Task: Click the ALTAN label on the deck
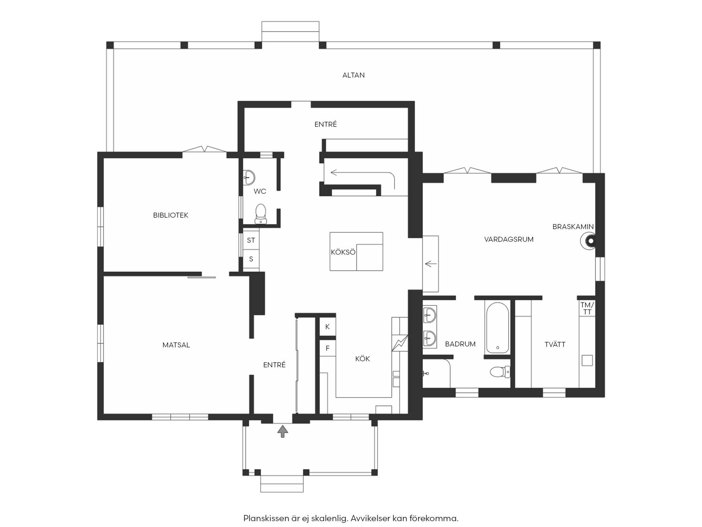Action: (x=353, y=75)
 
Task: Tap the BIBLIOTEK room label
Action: (x=170, y=215)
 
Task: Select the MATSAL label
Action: (x=176, y=345)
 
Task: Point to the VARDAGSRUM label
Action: (x=509, y=239)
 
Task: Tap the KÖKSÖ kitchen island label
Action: (x=343, y=252)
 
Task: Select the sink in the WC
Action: (x=249, y=177)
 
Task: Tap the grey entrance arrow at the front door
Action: (x=283, y=431)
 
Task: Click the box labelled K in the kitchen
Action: (x=328, y=327)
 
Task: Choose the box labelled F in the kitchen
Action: (x=328, y=348)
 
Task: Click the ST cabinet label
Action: (x=251, y=240)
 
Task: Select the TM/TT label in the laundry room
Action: (x=587, y=308)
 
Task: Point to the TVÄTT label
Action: (x=555, y=344)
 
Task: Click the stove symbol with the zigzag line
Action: (x=400, y=343)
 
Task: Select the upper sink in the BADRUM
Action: (x=429, y=314)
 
